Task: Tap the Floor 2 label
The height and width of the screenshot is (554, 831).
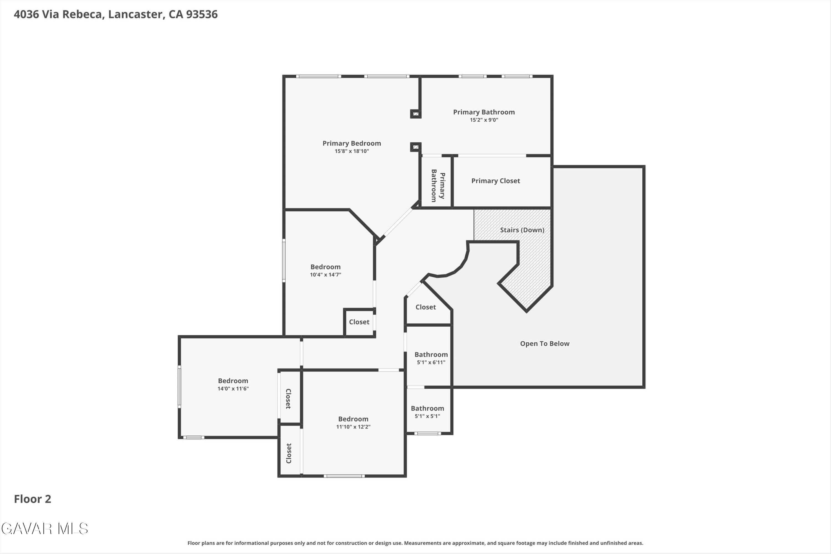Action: pyautogui.click(x=32, y=499)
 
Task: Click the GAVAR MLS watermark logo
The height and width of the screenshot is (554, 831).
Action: pyautogui.click(x=45, y=529)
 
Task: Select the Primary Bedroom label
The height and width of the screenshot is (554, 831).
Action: pyautogui.click(x=352, y=143)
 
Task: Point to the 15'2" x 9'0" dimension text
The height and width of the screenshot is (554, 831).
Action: pyautogui.click(x=484, y=120)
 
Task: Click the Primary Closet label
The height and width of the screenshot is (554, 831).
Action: pyautogui.click(x=495, y=181)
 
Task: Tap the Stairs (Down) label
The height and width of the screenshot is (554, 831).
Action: pyautogui.click(x=522, y=230)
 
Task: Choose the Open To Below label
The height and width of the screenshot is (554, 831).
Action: pyautogui.click(x=545, y=343)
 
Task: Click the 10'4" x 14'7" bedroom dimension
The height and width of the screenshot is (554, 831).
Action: pyautogui.click(x=325, y=275)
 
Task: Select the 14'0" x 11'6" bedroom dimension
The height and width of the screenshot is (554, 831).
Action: pyautogui.click(x=233, y=389)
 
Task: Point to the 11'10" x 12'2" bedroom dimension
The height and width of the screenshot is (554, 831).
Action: pyautogui.click(x=353, y=427)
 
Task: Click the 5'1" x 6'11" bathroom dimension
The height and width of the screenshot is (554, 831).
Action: pyautogui.click(x=431, y=362)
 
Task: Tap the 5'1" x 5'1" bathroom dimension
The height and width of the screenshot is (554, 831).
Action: pyautogui.click(x=427, y=416)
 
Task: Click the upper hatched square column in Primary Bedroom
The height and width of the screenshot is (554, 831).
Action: pyautogui.click(x=416, y=114)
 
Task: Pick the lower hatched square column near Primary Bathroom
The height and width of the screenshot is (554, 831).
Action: pyautogui.click(x=416, y=147)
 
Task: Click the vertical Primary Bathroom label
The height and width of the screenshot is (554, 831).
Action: pyautogui.click(x=438, y=186)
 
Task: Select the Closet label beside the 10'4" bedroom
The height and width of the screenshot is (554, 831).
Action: pyautogui.click(x=359, y=322)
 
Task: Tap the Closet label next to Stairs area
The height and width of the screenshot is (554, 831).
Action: pyautogui.click(x=425, y=307)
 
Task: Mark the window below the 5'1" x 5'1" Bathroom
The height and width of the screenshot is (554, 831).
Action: pyautogui.click(x=427, y=433)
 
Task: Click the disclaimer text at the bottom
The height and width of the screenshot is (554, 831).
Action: pyautogui.click(x=415, y=543)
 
